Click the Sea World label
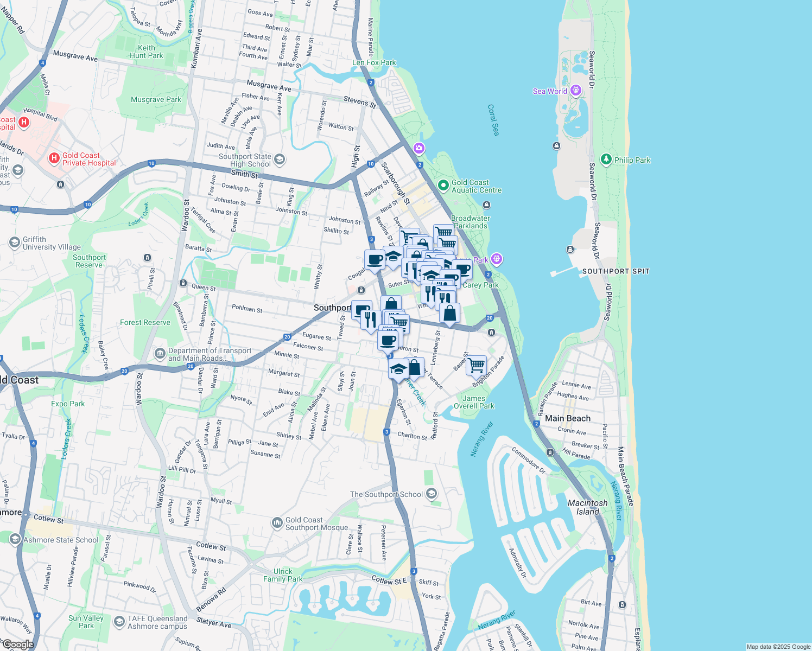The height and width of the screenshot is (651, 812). (x=549, y=91)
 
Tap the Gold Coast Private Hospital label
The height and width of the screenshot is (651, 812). (x=89, y=159)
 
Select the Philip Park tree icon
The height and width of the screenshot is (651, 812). (x=606, y=159)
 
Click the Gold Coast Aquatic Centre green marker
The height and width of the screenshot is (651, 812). (x=443, y=186)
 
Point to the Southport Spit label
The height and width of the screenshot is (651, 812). (x=616, y=271)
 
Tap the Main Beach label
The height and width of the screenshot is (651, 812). (x=567, y=418)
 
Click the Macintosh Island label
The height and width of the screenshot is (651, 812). (x=587, y=507)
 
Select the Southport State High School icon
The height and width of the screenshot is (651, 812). (x=280, y=159)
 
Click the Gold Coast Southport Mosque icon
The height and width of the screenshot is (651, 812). (x=277, y=523)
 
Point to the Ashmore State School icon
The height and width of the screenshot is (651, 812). (x=15, y=539)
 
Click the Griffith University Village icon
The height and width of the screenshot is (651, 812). (x=15, y=242)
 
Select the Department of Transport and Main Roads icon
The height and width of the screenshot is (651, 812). (x=160, y=354)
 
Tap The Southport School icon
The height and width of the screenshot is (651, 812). (x=432, y=494)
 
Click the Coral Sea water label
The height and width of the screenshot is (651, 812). (x=493, y=120)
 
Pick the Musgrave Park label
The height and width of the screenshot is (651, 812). (x=156, y=99)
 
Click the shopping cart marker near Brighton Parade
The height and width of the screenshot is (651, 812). (x=476, y=366)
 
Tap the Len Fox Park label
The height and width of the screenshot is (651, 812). (x=374, y=62)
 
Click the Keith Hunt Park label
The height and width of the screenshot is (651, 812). (x=146, y=52)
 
